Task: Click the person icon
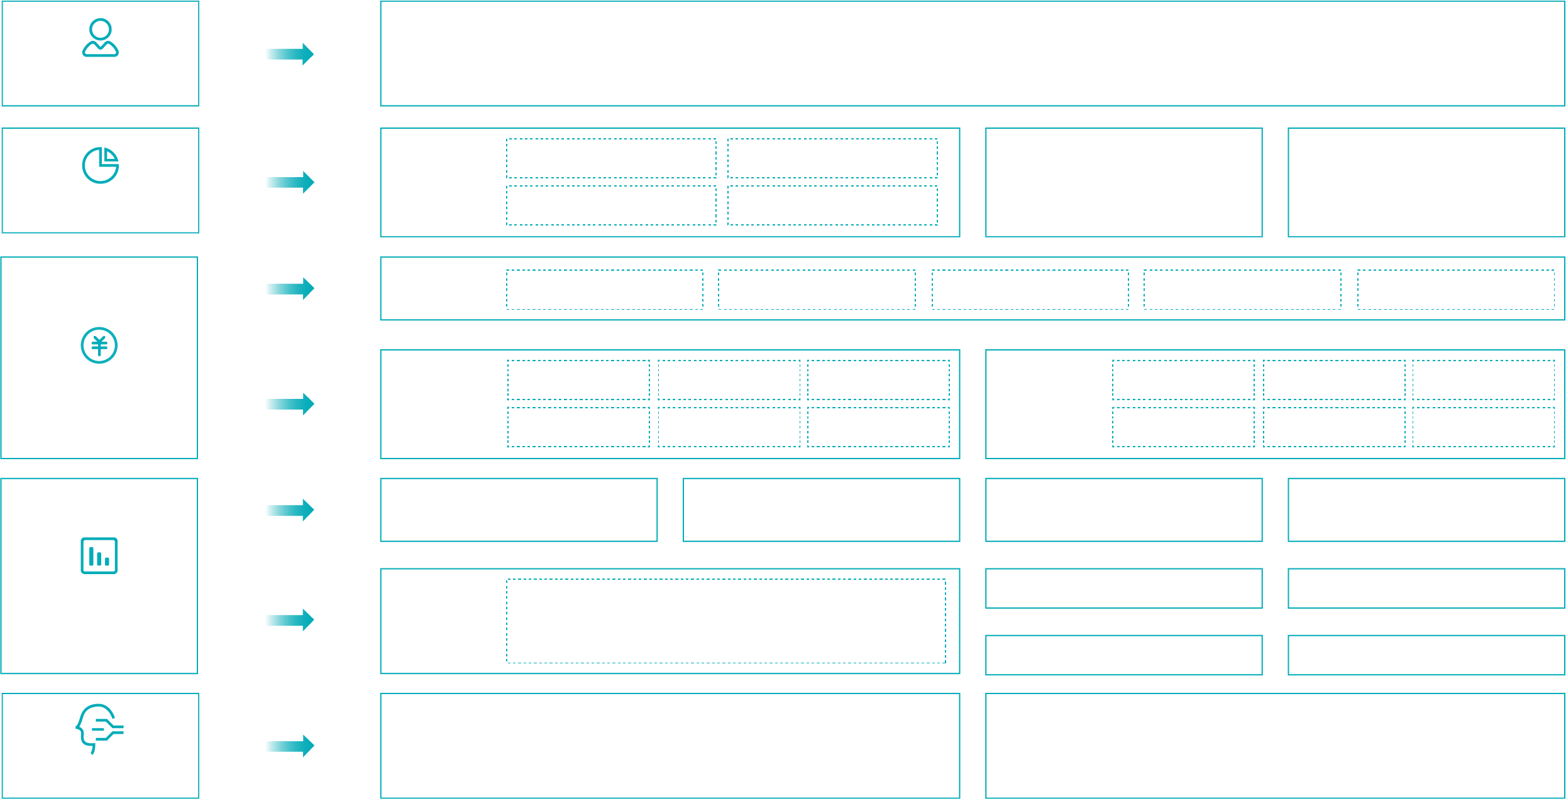(100, 38)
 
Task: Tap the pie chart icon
(100, 165)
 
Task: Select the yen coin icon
(99, 345)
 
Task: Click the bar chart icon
(99, 555)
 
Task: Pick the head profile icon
(98, 728)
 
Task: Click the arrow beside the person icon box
(289, 54)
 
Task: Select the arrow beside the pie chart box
(289, 182)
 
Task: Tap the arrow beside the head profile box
(289, 746)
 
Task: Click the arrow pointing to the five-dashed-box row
(289, 288)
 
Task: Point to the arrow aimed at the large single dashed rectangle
(289, 620)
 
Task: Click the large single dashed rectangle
(725, 621)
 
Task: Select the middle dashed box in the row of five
(1030, 290)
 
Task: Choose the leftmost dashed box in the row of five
(604, 290)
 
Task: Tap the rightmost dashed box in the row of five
(1455, 290)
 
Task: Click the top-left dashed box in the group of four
(611, 158)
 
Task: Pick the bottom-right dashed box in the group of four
(832, 205)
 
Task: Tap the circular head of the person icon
(101, 30)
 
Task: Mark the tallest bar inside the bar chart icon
(92, 556)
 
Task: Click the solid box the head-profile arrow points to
(670, 746)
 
